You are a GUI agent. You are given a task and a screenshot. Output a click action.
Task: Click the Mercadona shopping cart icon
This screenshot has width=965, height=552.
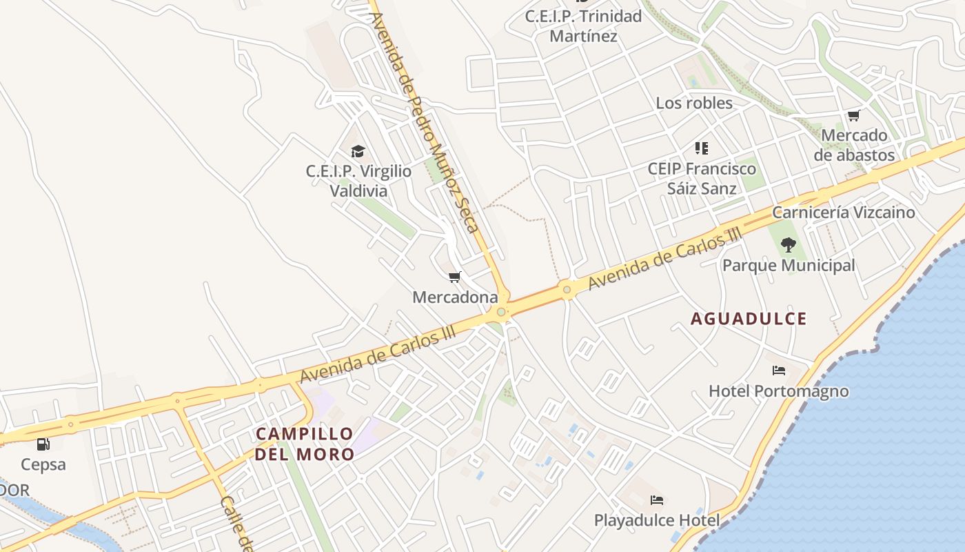(454, 277)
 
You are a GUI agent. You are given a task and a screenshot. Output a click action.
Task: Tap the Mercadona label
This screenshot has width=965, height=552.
(455, 297)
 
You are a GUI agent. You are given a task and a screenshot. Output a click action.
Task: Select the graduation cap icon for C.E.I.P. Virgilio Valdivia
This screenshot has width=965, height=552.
(358, 152)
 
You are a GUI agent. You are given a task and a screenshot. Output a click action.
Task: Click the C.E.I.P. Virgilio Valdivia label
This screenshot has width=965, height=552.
(358, 181)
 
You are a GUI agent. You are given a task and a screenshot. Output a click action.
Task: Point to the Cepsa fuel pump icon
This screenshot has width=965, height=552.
(43, 444)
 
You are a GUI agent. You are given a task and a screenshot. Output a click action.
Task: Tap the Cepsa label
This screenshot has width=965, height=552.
(43, 464)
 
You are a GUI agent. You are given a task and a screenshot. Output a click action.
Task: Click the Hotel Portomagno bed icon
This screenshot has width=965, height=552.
(779, 371)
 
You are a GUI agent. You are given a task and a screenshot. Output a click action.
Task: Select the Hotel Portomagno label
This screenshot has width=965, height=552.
(779, 391)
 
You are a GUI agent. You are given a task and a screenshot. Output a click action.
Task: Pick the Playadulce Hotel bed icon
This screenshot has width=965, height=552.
(657, 500)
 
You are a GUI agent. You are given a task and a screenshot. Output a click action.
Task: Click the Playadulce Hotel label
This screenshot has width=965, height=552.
(657, 520)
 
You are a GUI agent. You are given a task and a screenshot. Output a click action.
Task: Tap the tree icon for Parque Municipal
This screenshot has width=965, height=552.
(789, 244)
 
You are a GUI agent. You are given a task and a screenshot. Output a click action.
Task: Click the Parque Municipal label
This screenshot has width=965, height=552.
(789, 265)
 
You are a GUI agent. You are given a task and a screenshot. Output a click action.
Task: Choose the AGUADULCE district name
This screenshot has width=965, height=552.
(749, 319)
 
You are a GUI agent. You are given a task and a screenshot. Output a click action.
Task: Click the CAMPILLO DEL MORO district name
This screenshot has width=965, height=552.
(305, 444)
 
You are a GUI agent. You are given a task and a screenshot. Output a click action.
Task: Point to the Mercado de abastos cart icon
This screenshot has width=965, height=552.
(854, 116)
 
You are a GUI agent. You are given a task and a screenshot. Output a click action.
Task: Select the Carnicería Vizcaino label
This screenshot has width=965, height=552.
(844, 212)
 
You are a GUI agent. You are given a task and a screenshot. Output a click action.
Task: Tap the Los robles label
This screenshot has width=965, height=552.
(694, 103)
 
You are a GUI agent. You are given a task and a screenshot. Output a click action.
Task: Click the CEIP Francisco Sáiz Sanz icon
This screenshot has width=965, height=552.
(702, 148)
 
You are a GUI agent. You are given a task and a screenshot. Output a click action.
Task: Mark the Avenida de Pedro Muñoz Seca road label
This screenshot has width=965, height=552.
(424, 121)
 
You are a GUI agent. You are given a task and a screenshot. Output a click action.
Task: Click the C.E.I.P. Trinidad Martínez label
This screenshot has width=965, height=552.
(583, 26)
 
